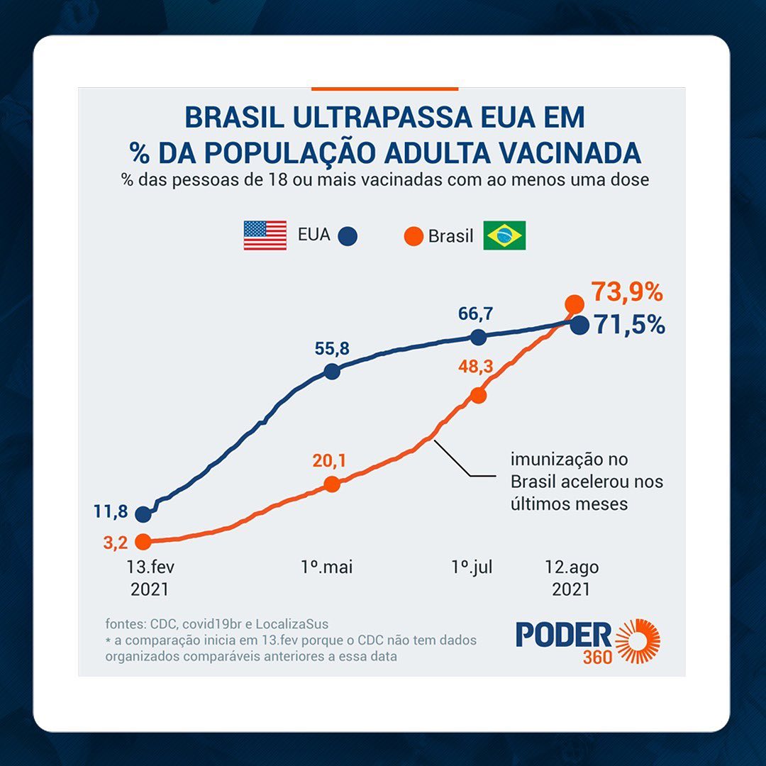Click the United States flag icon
(x=265, y=235)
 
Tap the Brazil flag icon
(x=504, y=235)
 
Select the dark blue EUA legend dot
(x=348, y=235)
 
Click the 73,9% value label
(x=626, y=292)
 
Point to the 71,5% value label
(x=629, y=325)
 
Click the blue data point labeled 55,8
(x=331, y=371)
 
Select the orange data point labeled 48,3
(x=479, y=395)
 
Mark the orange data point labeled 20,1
(x=331, y=484)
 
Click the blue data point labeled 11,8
(x=143, y=514)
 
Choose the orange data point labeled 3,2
(x=143, y=542)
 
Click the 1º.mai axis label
(x=327, y=567)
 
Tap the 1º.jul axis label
(x=472, y=567)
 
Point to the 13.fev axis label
(x=150, y=567)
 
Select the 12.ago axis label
(x=572, y=567)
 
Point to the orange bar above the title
(x=384, y=89)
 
